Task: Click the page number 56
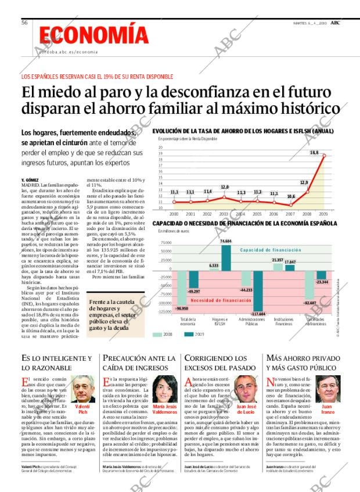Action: click(24, 23)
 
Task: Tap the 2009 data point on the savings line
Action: click(324, 156)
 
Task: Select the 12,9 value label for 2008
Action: click(304, 183)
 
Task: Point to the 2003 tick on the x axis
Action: click(224, 214)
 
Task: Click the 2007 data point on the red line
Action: click(291, 204)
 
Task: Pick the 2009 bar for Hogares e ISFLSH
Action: click(225, 256)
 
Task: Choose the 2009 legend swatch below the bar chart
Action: click(188, 334)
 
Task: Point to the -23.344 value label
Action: click(321, 282)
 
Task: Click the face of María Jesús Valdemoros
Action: click(165, 387)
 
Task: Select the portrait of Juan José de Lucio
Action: click(246, 387)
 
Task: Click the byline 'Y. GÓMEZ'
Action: click(29, 180)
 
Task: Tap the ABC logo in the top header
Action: click(335, 23)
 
